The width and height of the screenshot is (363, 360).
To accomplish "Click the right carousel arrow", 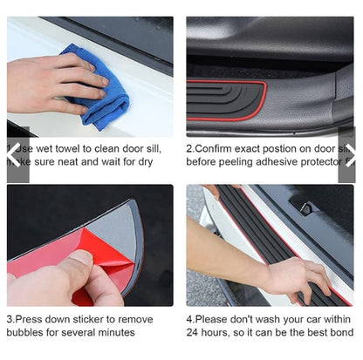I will coord(348,154).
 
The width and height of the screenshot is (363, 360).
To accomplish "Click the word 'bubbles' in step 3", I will coord(24,333).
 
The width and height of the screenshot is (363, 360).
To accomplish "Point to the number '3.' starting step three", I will coord(11,319).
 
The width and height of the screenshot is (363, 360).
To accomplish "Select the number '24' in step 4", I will coord(193,333).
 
